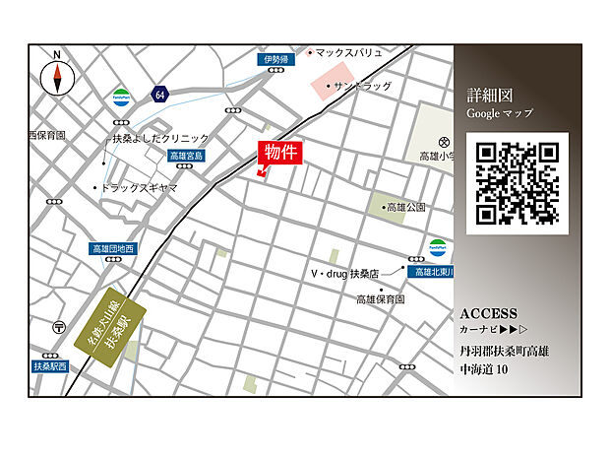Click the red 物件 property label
point(280,154)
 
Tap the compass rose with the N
point(57,76)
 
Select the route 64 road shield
point(160,94)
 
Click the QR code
point(517,183)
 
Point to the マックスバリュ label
point(345,51)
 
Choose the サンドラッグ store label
point(362,86)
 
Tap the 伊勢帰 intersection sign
point(276,60)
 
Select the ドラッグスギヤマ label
point(139,187)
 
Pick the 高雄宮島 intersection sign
point(186,156)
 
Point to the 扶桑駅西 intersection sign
point(50,366)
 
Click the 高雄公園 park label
point(405,208)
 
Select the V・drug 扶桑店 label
point(345,273)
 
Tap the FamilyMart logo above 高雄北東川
point(437,248)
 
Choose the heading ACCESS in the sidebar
point(488,313)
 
